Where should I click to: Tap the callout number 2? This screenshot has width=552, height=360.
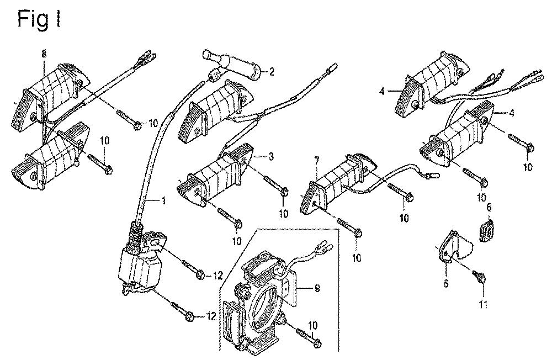point(272,71)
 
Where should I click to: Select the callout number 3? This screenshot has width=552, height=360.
point(272,157)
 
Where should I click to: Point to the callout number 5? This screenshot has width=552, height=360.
point(447,285)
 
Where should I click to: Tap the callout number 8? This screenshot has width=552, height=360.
point(44,53)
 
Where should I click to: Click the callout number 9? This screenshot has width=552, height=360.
point(317,287)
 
